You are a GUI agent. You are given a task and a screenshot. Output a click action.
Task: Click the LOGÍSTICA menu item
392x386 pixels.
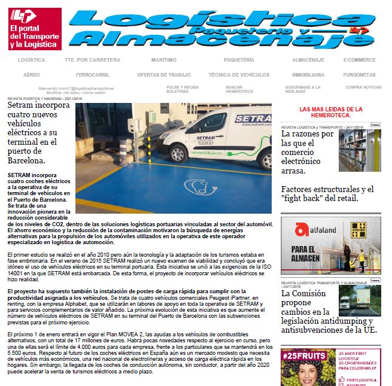click(31, 60)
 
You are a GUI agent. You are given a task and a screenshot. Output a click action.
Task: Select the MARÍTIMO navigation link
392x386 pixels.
click(163, 60)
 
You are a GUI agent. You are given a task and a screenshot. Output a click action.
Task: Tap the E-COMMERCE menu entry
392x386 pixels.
click(359, 60)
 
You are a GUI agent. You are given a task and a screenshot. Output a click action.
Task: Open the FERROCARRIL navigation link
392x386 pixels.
click(93, 75)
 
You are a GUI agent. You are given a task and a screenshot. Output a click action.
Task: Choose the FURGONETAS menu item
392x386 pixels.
click(359, 75)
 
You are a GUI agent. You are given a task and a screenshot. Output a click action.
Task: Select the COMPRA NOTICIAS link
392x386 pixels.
click(363, 87)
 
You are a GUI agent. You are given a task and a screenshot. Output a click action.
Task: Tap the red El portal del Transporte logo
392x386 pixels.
click(34, 29)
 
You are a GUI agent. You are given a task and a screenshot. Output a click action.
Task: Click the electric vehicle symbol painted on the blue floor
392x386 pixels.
click(199, 186)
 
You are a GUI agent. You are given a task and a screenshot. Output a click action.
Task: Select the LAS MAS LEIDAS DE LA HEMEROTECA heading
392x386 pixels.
click(330, 113)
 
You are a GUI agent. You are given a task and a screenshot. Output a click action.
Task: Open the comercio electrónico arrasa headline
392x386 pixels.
click(308, 152)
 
